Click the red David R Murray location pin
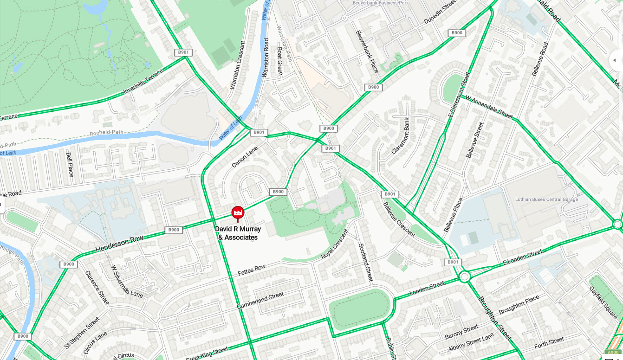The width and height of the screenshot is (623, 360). click(238, 213)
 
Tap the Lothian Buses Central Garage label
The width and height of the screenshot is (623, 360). click(546, 199)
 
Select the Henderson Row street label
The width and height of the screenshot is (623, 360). click(119, 244)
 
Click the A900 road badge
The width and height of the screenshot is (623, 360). click(613, 352)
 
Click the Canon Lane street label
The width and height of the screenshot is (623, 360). click(245, 157)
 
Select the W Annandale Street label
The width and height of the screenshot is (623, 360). click(489, 108)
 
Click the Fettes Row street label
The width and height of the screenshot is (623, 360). click(251, 270)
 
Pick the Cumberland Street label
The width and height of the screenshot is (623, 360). click(260, 301)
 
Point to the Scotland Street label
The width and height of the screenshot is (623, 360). click(366, 263)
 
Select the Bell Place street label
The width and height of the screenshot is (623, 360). click(70, 164)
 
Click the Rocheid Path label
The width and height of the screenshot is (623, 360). click(107, 132)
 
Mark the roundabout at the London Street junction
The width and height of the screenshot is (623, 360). click(464, 276)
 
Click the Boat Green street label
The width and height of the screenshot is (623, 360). click(279, 60)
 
